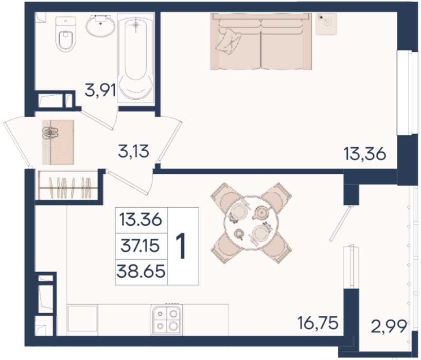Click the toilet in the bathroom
coord(65,34)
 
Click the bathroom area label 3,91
coord(100,90)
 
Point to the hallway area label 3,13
coord(133,151)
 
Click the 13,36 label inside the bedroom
coord(365,154)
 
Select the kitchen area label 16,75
coord(318,323)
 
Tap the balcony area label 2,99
coord(389,327)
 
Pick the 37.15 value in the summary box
coord(141,246)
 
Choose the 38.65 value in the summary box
coord(141,272)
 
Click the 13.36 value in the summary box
coord(141,220)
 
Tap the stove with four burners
coord(167,319)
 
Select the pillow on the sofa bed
coord(228,41)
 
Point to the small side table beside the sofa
coord(326,24)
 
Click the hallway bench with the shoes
coord(58,142)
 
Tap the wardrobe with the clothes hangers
coord(68,185)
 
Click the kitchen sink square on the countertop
coord(82,319)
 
